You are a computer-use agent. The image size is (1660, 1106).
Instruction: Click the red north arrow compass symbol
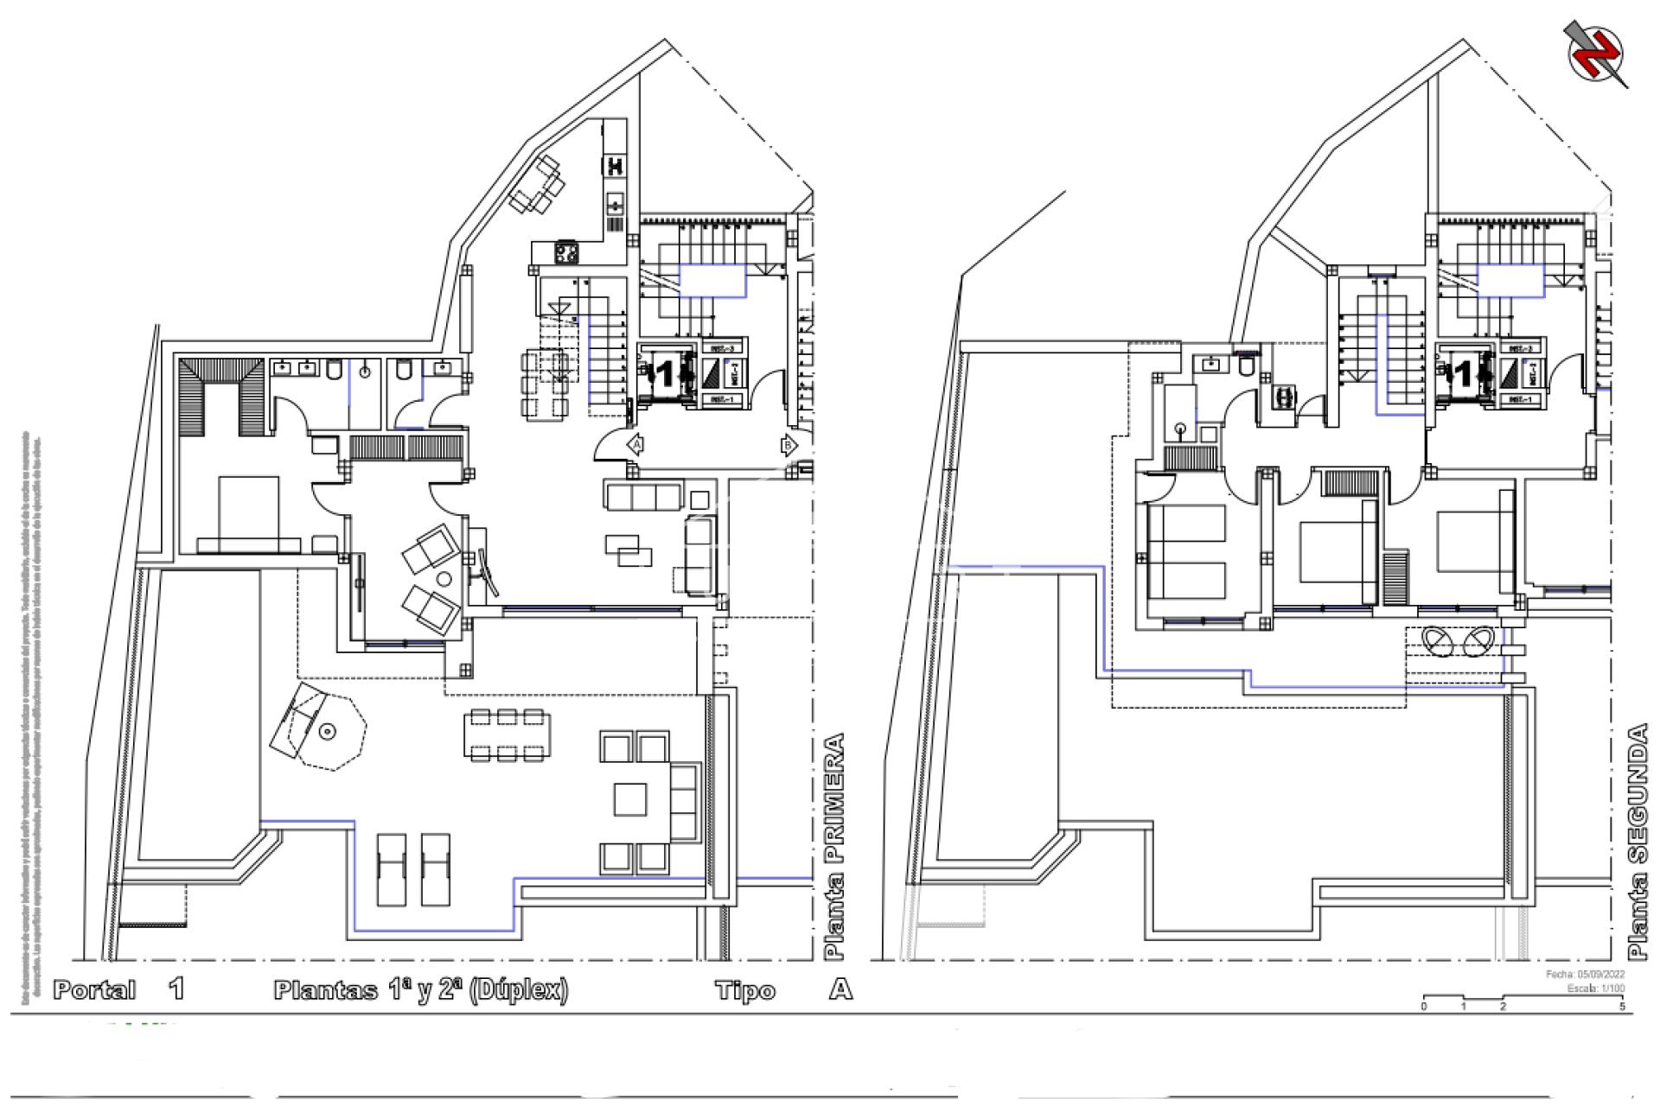1596,54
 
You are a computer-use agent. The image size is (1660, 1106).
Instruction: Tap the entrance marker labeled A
636,445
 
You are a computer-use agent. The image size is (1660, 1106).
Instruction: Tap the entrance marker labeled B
788,446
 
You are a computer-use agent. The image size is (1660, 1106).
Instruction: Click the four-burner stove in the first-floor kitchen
566,253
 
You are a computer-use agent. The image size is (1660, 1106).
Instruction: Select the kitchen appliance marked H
615,165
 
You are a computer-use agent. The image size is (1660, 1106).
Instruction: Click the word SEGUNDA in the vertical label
1638,794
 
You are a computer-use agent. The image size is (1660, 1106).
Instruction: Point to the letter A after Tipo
840,988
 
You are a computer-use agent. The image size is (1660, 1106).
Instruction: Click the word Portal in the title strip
95,989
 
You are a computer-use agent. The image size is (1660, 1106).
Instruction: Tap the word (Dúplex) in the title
519,989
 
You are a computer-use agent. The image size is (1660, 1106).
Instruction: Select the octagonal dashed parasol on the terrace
331,731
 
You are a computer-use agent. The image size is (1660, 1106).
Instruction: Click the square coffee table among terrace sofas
630,799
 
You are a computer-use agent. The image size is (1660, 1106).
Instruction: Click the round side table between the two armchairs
444,579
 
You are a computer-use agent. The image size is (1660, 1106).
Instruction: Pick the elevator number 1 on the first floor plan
665,374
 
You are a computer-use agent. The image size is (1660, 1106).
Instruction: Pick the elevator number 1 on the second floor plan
1463,374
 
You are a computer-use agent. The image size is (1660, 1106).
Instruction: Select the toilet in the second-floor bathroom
1246,366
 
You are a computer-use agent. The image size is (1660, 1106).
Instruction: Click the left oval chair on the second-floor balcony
1438,641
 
